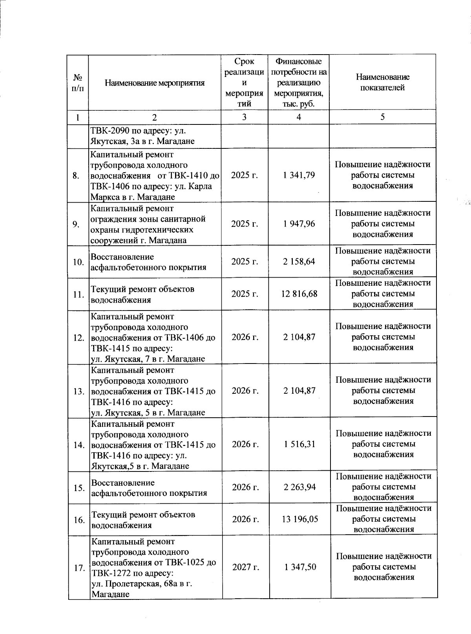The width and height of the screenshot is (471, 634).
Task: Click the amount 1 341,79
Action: tap(299, 175)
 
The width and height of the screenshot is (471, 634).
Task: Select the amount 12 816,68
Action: tap(299, 294)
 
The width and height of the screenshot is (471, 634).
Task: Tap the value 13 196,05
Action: tap(299, 519)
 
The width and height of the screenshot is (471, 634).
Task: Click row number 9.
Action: tap(77, 224)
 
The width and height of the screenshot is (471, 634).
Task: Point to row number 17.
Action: tap(79, 568)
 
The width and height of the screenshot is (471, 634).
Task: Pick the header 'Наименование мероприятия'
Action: tap(155, 83)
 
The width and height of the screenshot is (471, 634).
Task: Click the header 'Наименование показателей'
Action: tap(382, 82)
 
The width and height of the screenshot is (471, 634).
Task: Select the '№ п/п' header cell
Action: tap(77, 83)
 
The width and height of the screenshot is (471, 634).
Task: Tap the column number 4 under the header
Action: tap(299, 117)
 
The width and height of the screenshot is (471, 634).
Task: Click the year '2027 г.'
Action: tap(245, 567)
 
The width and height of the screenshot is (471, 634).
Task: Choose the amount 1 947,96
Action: tap(299, 224)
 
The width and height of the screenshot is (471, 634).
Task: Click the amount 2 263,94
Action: tap(299, 487)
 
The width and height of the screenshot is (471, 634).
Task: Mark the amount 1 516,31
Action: tap(299, 444)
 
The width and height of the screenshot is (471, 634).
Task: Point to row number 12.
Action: tap(79, 337)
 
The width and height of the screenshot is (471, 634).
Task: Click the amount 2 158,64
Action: tap(299, 261)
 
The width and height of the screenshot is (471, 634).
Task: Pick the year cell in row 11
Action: tap(245, 294)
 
